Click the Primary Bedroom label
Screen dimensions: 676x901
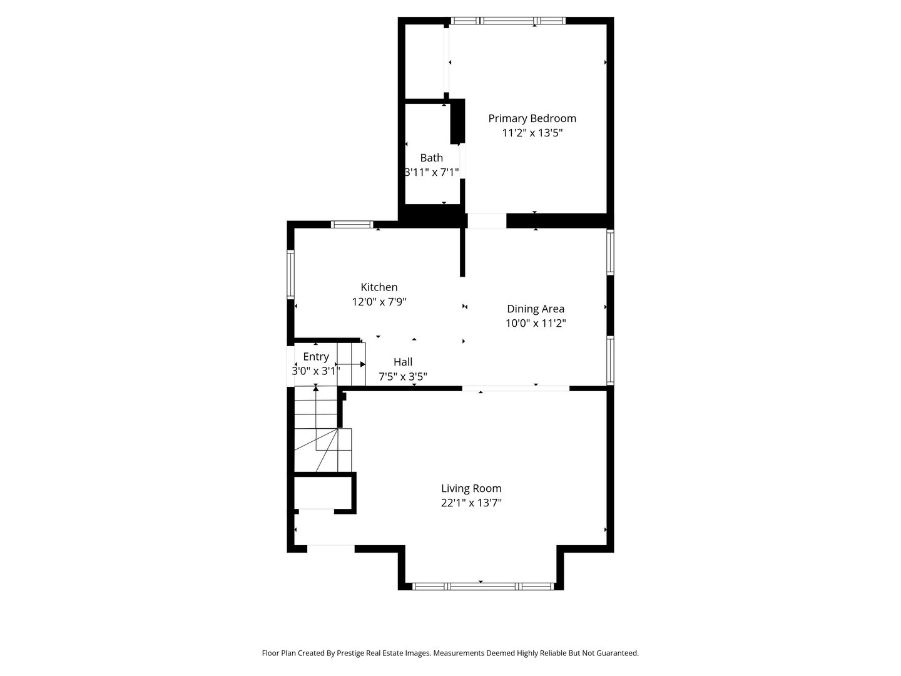coord(532,118)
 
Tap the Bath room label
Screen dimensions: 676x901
coord(431,158)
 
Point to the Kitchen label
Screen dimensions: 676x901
coord(379,287)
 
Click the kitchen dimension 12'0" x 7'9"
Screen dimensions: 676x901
coord(379,302)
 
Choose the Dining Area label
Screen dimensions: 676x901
coord(536,309)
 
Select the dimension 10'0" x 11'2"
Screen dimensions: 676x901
coord(536,323)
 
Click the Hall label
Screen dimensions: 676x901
coord(403,362)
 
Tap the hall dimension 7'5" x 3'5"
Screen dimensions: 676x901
coord(403,376)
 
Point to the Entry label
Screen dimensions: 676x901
coord(316,357)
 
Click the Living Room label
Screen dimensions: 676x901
coord(471,488)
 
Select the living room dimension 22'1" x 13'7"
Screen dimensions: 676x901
coord(471,503)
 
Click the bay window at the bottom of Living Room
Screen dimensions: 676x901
coord(482,586)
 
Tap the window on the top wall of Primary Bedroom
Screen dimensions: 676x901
coord(507,21)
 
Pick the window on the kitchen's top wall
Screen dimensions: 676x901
coord(352,224)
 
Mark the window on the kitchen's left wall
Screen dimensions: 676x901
coord(290,274)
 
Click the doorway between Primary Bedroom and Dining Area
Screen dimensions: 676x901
coord(487,221)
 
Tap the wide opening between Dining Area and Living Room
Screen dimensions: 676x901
coord(516,389)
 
